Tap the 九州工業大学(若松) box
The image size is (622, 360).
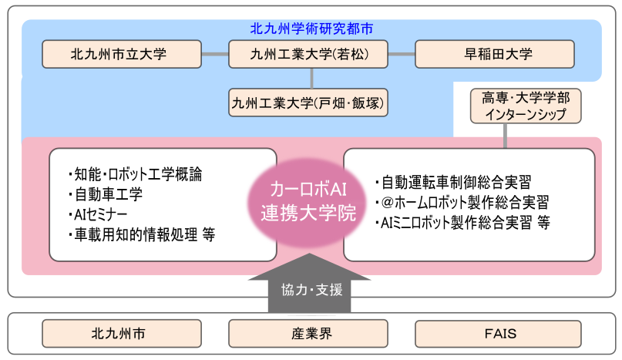pos(311,54)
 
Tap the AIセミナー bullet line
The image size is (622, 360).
pos(99,214)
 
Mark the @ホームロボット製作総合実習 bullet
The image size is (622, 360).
pos(462,203)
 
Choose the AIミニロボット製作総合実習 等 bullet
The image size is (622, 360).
pos(462,224)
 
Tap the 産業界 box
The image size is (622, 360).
pos(311,334)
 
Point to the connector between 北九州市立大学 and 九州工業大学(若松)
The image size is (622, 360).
pos(215,54)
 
